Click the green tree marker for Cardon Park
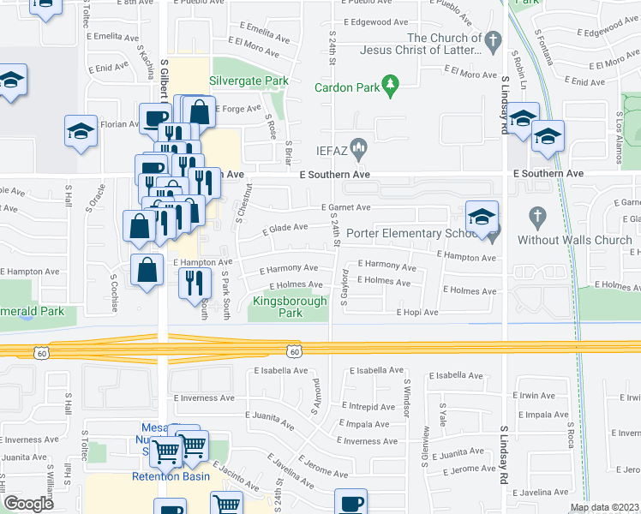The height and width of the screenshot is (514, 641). click(392, 84)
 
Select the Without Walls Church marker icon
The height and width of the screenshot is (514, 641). click(537, 218)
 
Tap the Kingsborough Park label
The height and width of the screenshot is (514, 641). click(290, 307)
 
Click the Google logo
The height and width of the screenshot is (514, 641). click(28, 504)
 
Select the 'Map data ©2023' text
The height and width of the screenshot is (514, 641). click(604, 507)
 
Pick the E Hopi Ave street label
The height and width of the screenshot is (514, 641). click(417, 313)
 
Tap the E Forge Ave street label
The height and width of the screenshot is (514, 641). click(237, 109)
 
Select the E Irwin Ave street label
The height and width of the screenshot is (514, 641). click(536, 396)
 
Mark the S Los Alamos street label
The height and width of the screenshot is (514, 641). click(619, 129)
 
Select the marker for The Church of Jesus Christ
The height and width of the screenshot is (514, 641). click(493, 41)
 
